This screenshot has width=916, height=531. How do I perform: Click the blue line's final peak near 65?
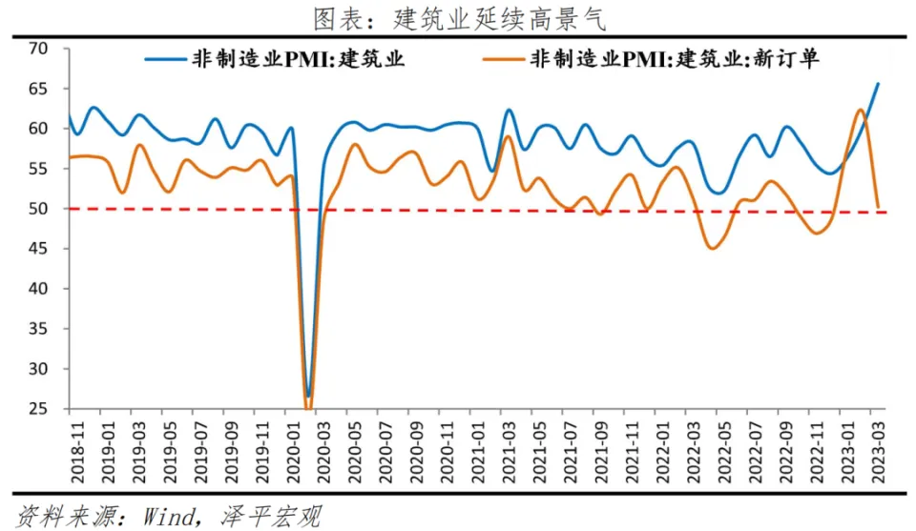point(878,84)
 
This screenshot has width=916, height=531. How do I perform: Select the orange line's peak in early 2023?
point(861,110)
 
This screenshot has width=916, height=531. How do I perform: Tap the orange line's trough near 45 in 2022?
point(712,248)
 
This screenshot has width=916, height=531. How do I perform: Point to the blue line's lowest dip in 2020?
point(307,394)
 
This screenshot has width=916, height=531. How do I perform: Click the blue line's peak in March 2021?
point(509,111)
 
